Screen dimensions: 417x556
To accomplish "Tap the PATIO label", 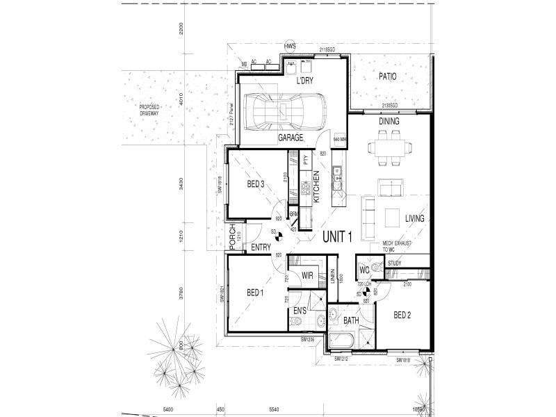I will [x=387, y=76].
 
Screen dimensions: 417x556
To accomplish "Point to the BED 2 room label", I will [x=403, y=315].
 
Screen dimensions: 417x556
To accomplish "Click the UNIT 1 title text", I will [x=338, y=237].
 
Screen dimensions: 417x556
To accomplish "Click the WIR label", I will [x=309, y=276].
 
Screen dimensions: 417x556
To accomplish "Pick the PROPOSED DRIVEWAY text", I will [x=149, y=110].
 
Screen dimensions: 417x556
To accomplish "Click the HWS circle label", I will [x=290, y=47].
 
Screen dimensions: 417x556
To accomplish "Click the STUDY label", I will [x=395, y=263].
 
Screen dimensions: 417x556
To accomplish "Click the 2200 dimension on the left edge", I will [x=180, y=28].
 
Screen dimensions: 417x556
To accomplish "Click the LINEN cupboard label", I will [x=333, y=277].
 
